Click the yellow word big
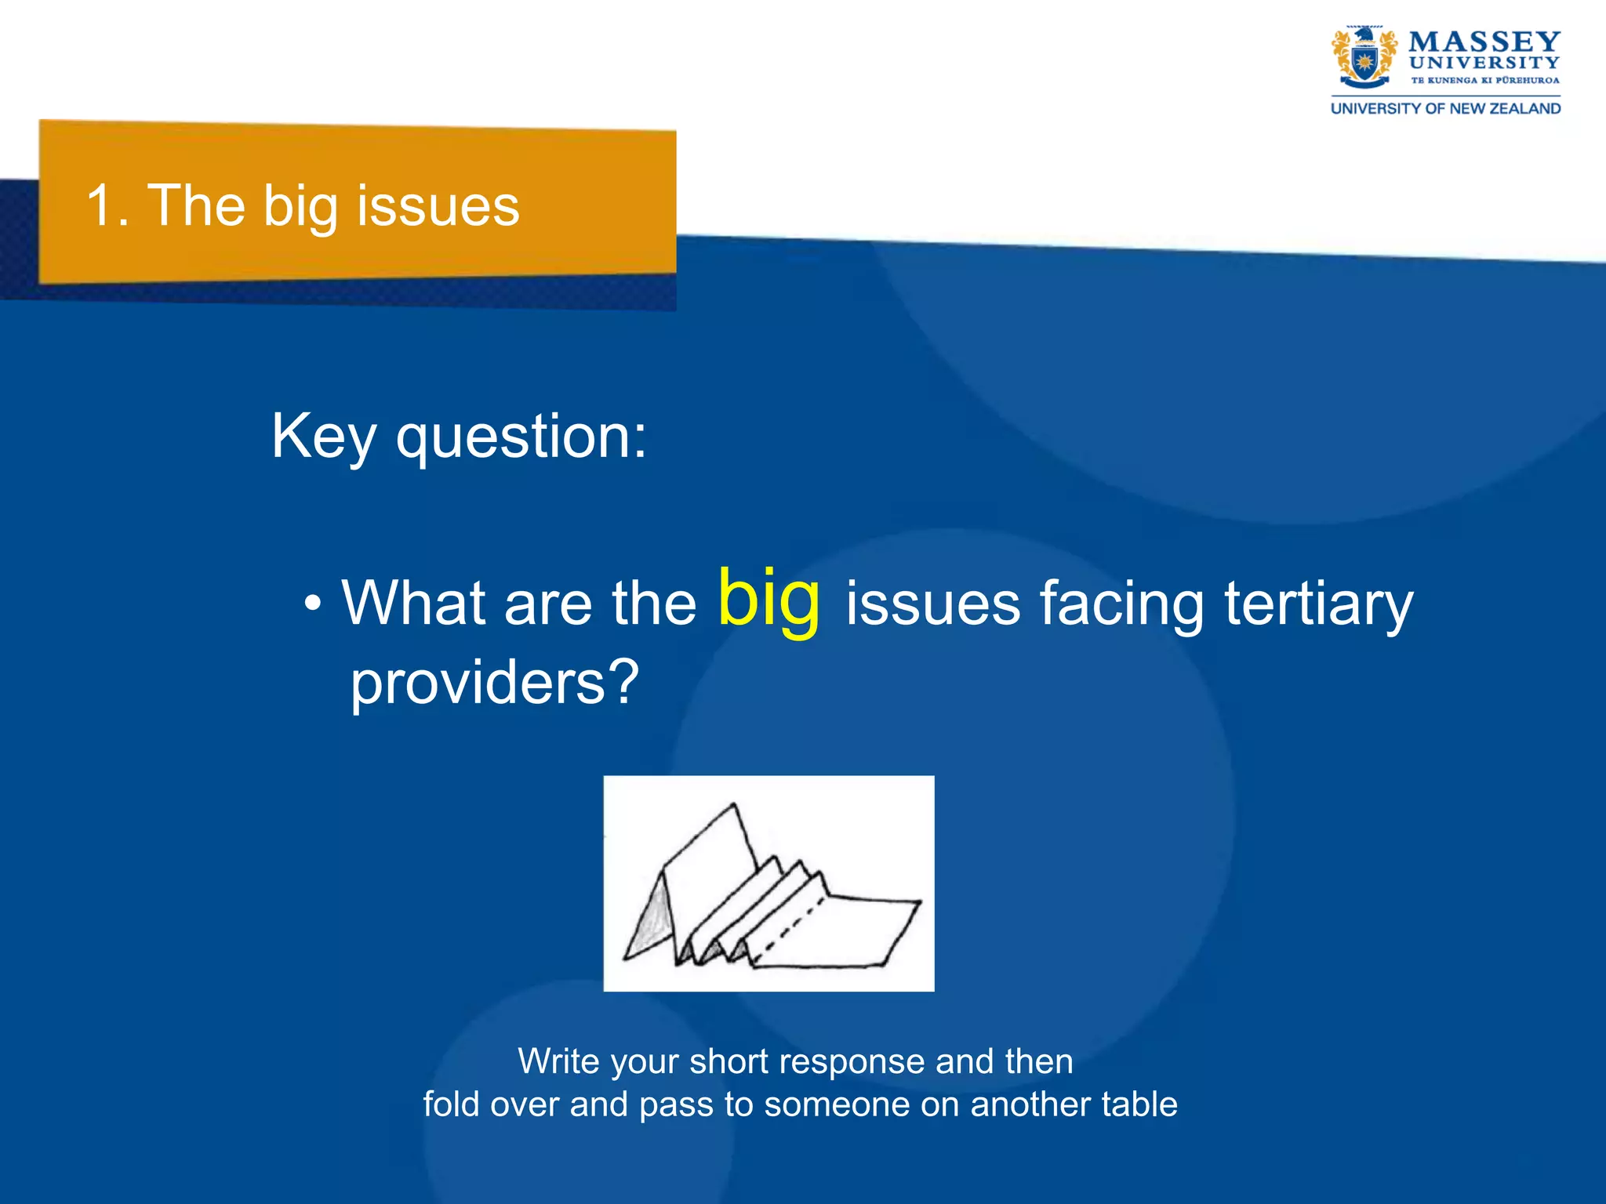[x=769, y=600]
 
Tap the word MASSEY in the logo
[x=1484, y=42]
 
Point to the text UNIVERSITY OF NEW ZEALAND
[x=1445, y=109]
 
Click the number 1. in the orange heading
[x=106, y=206]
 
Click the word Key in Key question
[x=322, y=437]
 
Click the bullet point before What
[x=313, y=604]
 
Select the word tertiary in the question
[x=1318, y=604]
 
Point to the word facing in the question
[x=1121, y=604]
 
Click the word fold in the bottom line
[x=451, y=1104]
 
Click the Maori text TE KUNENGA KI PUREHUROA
[x=1484, y=80]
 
